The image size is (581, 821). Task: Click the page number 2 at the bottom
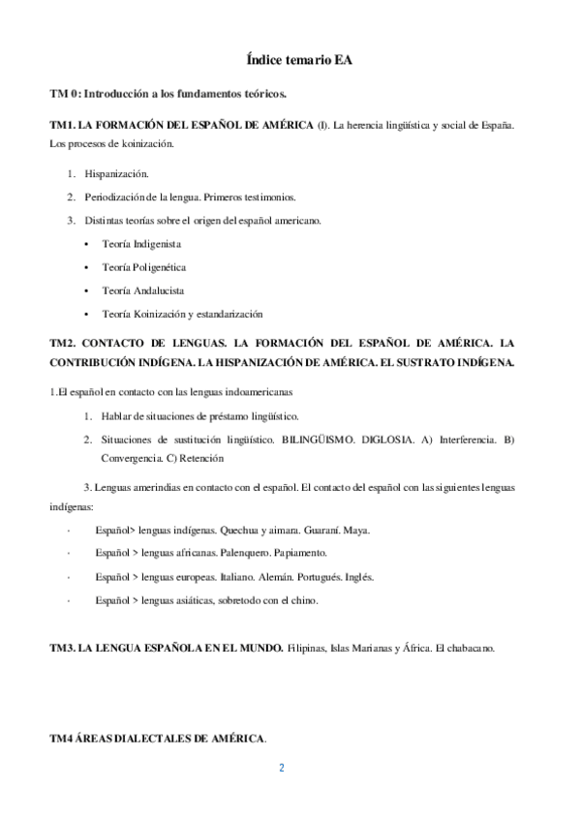click(x=281, y=770)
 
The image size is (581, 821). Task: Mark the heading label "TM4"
click(x=61, y=739)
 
